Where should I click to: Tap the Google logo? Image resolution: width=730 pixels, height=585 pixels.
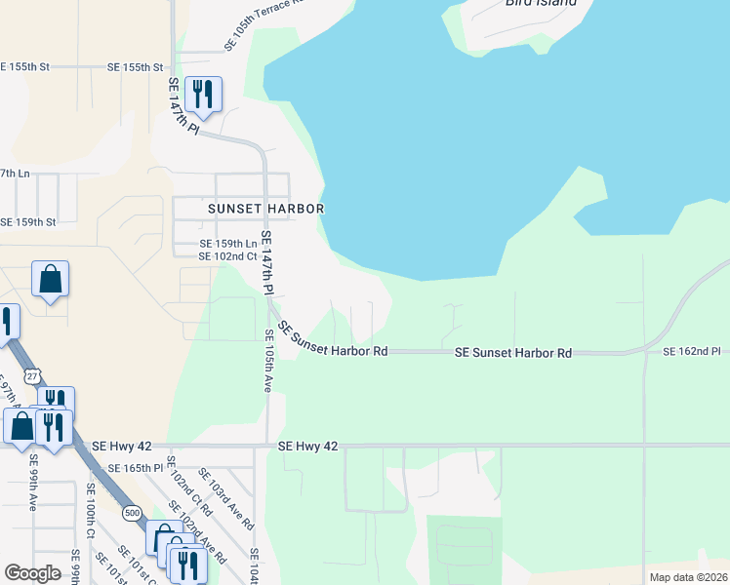point(32,573)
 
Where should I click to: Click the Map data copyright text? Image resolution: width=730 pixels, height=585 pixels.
point(687,577)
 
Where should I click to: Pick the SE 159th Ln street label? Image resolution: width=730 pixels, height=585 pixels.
point(228,244)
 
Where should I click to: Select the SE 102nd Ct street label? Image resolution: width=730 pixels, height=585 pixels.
point(226,256)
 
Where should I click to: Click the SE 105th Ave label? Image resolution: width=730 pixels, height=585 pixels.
point(267,360)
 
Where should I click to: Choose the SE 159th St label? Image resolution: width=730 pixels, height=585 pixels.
point(27,222)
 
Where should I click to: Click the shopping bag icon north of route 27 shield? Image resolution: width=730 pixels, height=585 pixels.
point(50,280)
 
